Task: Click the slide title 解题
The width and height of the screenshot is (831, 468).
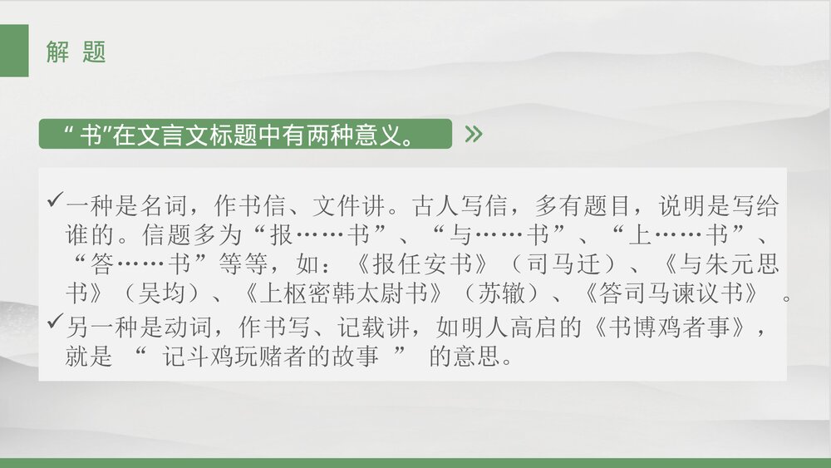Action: coord(76,52)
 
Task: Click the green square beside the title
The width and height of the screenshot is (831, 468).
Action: coord(14,51)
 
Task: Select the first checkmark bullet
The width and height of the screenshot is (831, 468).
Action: coord(56,200)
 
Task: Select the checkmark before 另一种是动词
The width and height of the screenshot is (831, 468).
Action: coord(56,322)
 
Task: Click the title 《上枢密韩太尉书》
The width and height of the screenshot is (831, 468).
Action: coord(340,294)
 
